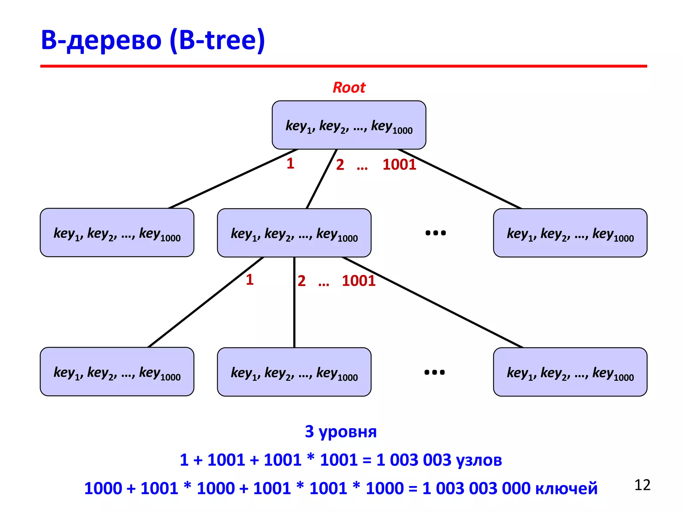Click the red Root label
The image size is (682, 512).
coord(349,88)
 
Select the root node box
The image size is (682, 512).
coord(349,125)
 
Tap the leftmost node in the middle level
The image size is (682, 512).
coord(117,233)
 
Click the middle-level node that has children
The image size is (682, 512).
coord(294,233)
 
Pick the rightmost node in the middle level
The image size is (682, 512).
coord(570,233)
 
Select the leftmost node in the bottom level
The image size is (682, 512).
coord(117,372)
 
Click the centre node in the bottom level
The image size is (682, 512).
coord(294,372)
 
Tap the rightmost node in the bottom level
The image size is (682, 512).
coord(570,372)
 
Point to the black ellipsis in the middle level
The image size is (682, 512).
coord(436,233)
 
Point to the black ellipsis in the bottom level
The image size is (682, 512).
coord(435,372)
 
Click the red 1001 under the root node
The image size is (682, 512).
coord(399,165)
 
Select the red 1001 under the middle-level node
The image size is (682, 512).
coord(359,281)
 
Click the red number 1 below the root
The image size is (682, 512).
coord(290,163)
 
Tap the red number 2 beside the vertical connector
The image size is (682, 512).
coord(302,281)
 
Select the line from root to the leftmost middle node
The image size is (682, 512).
coord(233,179)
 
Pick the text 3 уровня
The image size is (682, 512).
coord(341,431)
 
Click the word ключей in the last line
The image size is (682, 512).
coord(566,488)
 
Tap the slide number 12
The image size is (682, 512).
coord(642,485)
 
